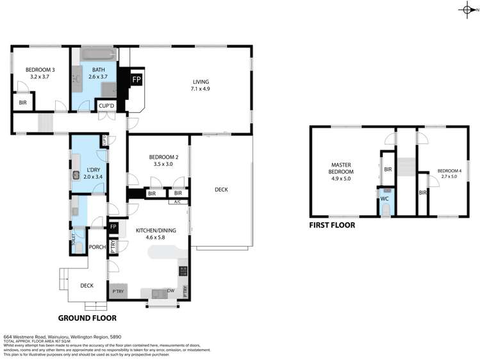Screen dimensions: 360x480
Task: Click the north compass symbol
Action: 467,9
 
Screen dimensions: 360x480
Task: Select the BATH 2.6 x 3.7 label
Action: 98,72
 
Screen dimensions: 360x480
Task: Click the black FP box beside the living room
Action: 136,79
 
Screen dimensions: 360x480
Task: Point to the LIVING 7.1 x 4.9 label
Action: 201,85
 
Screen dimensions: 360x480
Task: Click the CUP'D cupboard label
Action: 105,106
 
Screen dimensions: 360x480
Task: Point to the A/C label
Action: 178,202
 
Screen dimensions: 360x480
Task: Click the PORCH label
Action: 97,247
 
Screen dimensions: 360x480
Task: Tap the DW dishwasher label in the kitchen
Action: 170,290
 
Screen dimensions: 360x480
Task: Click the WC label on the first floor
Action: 385,199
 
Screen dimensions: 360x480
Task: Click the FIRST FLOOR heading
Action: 332,225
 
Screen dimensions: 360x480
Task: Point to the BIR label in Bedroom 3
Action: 23,102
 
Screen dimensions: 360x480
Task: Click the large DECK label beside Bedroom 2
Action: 221,189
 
